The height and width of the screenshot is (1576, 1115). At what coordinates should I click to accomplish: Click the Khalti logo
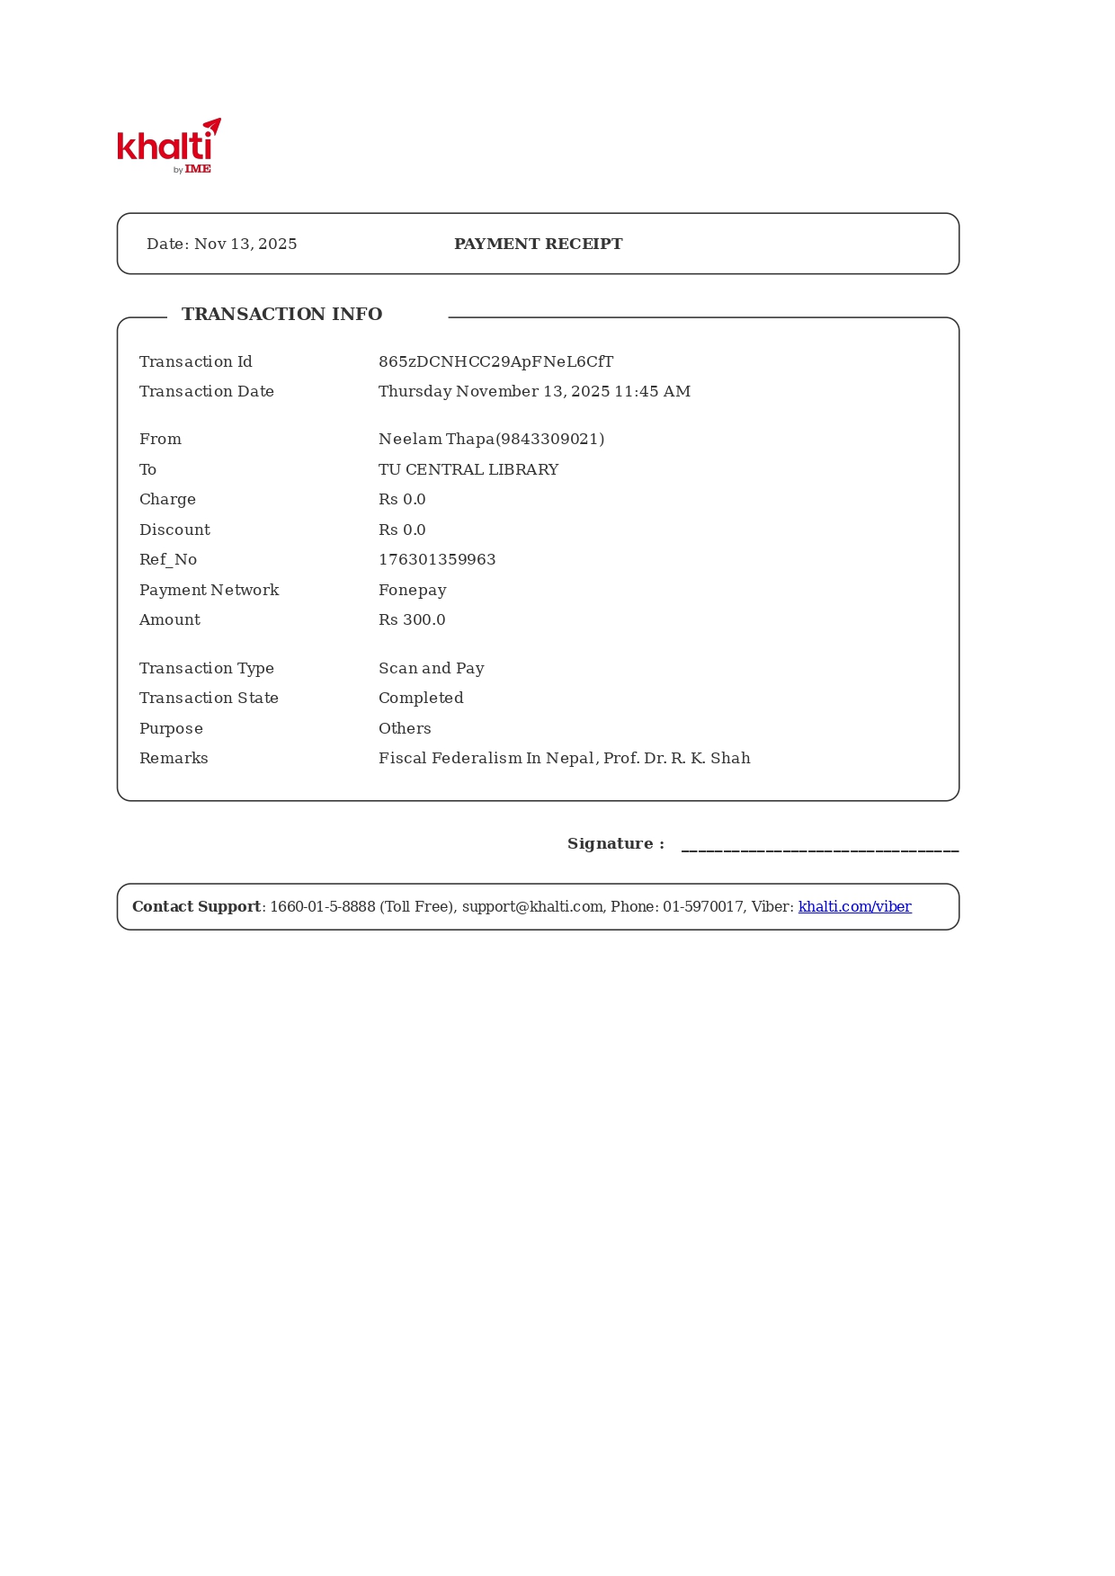pyautogui.click(x=169, y=146)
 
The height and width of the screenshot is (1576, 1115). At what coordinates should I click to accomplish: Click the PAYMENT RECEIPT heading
pyautogui.click(x=538, y=245)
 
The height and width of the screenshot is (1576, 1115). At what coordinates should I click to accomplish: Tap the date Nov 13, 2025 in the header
pyautogui.click(x=245, y=245)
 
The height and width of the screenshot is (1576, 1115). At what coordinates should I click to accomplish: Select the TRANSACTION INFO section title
pyautogui.click(x=281, y=315)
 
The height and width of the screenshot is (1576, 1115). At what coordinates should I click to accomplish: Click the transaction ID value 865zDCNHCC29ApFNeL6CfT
pyautogui.click(x=495, y=362)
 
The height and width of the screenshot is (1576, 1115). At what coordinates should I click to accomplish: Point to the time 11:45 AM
pyautogui.click(x=652, y=392)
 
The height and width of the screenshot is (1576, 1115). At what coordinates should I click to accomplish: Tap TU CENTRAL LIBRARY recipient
pyautogui.click(x=468, y=470)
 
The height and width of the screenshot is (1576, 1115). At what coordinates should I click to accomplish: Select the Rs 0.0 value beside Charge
pyautogui.click(x=402, y=500)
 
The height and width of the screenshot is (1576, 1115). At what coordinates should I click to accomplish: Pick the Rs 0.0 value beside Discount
pyautogui.click(x=402, y=530)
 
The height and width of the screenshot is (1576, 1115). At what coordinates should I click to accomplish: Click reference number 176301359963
pyautogui.click(x=437, y=560)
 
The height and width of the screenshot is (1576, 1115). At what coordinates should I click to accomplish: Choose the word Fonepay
pyautogui.click(x=412, y=591)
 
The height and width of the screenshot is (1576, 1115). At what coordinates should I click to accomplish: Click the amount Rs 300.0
pyautogui.click(x=412, y=620)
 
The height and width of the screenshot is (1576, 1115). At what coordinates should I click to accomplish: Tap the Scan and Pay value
pyautogui.click(x=431, y=669)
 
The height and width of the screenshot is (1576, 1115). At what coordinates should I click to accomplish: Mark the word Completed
pyautogui.click(x=421, y=699)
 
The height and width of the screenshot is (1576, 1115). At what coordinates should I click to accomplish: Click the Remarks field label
pyautogui.click(x=174, y=759)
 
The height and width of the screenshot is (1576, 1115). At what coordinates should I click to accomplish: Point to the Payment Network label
pyautogui.click(x=209, y=591)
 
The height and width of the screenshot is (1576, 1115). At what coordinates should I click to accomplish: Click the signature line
pyautogui.click(x=819, y=848)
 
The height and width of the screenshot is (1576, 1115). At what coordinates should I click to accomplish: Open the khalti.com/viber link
pyautogui.click(x=854, y=907)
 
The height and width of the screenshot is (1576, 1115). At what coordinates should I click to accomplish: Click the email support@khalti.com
pyautogui.click(x=532, y=907)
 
